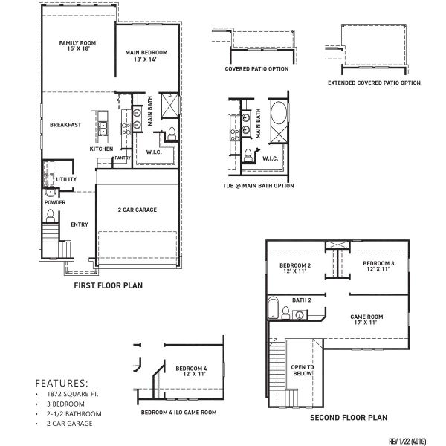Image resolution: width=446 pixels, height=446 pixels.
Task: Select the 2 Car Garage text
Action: tap(138, 210)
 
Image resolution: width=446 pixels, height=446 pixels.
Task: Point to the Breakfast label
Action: tap(65, 125)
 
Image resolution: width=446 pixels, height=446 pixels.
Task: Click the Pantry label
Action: tap(123, 158)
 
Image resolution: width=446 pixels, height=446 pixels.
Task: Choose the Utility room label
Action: tap(67, 179)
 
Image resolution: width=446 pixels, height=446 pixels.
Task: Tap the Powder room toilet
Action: tap(51, 216)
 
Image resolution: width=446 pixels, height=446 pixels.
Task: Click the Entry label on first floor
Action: tap(80, 224)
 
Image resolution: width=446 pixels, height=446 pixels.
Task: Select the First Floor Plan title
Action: tap(109, 285)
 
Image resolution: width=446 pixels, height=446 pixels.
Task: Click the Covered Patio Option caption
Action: tap(257, 68)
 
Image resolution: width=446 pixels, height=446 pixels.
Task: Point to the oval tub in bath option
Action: tap(277, 114)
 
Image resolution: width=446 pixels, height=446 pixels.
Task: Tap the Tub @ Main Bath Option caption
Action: tap(258, 186)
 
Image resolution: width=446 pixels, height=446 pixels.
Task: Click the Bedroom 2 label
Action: tap(294, 268)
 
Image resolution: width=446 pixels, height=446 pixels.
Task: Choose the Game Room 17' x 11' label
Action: tap(366, 320)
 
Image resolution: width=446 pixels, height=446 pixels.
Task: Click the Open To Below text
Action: tap(302, 370)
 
